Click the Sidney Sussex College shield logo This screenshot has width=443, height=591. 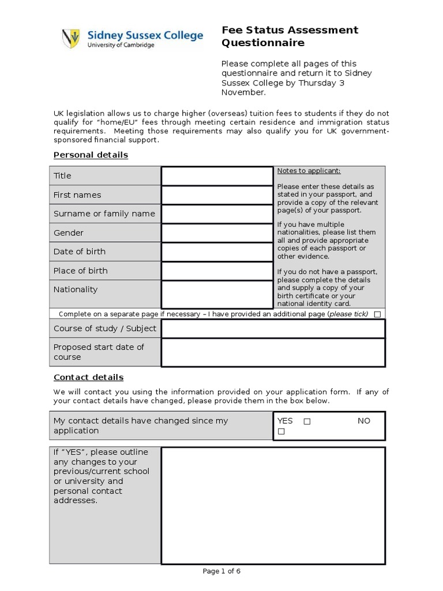coord(70,38)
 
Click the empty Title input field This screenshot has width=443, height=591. coord(217,175)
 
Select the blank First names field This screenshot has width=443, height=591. coord(217,195)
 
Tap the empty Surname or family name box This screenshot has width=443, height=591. coord(217,214)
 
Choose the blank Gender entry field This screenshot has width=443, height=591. coord(217,233)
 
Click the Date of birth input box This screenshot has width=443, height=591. coord(217,252)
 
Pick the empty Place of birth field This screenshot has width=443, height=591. coord(217,271)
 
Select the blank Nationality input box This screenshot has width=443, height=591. coord(217,294)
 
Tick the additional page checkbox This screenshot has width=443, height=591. coord(377,315)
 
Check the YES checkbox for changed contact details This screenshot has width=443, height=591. coord(307,421)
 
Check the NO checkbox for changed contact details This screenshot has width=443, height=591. coord(281,432)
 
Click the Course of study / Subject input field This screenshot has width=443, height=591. coord(273,328)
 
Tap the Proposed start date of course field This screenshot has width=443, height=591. coord(273,352)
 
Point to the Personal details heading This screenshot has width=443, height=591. coord(91,155)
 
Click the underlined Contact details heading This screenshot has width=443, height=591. coord(88,377)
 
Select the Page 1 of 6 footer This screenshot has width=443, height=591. coord(221,571)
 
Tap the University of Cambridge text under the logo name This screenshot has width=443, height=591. coord(121,45)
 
